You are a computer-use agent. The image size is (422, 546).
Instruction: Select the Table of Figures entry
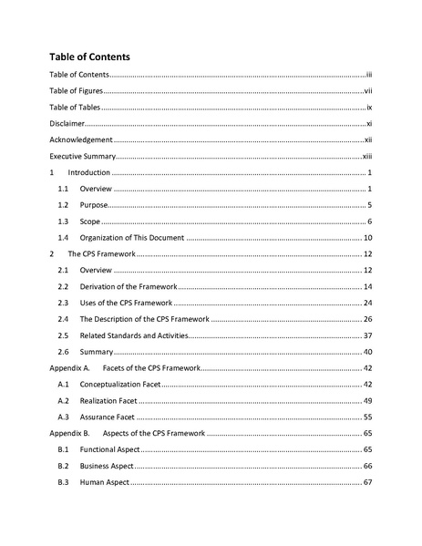coord(75,91)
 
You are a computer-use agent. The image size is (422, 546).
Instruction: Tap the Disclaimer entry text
coord(66,123)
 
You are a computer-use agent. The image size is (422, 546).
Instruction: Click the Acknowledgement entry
coord(81,139)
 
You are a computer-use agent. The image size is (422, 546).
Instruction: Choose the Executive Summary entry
coord(82,156)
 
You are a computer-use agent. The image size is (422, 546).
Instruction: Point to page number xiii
coord(367,156)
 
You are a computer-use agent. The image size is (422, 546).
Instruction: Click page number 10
coord(367,238)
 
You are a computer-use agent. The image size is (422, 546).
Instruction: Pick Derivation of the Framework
coord(129,287)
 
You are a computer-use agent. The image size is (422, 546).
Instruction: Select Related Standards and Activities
coord(134,335)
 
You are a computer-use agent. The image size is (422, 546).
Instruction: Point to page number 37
coord(367,335)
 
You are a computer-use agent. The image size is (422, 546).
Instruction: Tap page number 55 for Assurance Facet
coord(367,417)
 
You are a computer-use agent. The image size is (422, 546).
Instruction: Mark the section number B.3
coord(63,481)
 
